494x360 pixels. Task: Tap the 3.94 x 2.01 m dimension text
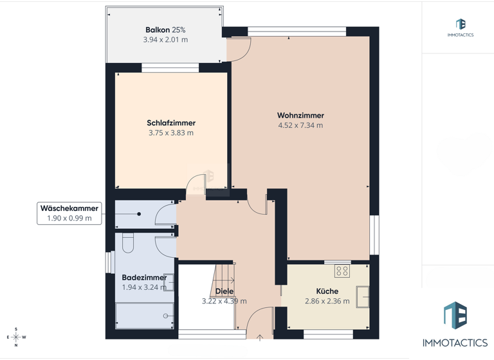coord(165,40)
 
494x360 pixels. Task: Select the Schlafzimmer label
coord(171,123)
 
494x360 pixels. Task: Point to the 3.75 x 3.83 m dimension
coord(171,133)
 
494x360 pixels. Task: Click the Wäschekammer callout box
coord(69,213)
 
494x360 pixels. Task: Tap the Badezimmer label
coord(145,278)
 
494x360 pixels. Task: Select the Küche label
coord(327,291)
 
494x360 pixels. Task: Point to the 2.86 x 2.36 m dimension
coord(327,301)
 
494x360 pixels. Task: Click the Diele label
coord(224,291)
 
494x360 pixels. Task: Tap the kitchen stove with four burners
coord(342,271)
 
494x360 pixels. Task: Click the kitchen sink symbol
coord(363,296)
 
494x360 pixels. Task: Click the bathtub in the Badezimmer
coord(145,316)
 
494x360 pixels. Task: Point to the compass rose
coord(16,337)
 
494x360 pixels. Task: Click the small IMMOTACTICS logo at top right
coord(460,27)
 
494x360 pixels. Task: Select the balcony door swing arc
coord(241,50)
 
